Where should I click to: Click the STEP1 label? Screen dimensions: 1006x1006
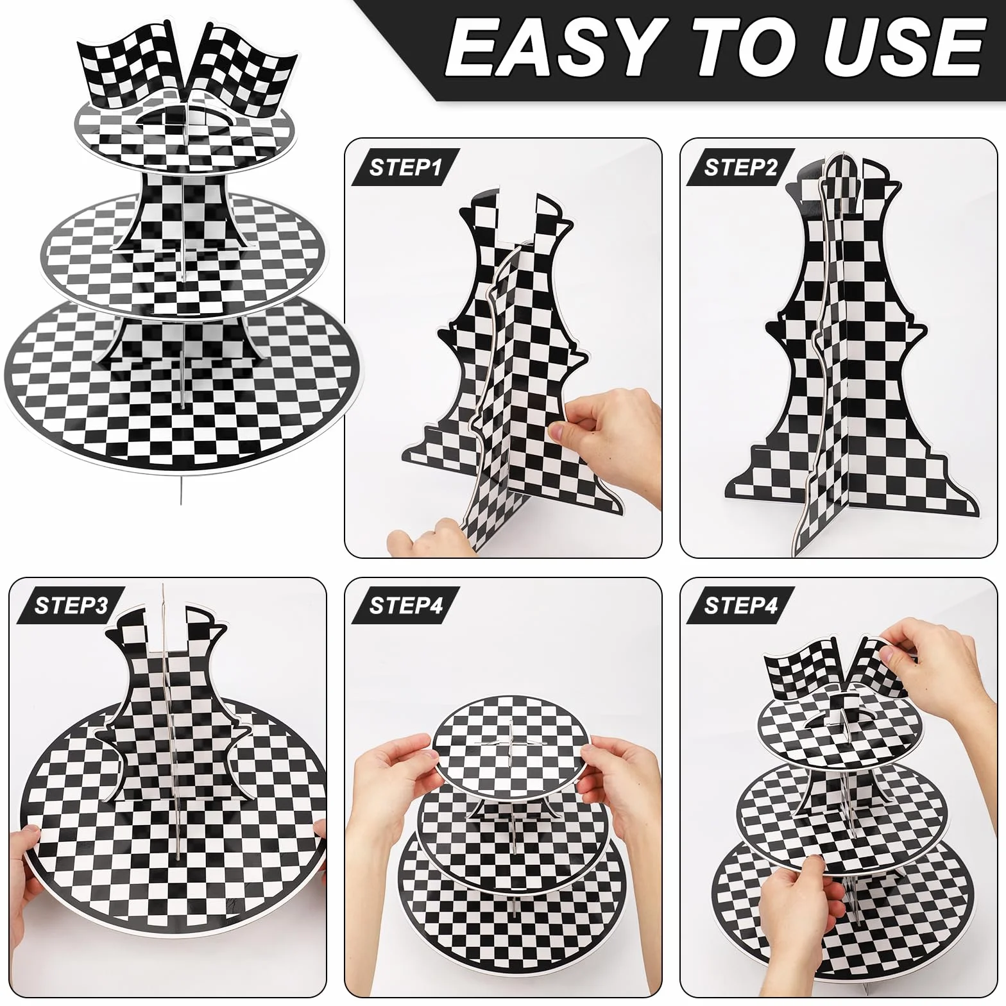point(405,167)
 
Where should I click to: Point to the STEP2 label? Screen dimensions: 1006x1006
point(741,167)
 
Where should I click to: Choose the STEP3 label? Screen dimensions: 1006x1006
point(71,606)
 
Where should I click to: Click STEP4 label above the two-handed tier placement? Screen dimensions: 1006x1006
point(405,606)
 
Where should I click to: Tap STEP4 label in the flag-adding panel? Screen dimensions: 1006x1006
point(741,606)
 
